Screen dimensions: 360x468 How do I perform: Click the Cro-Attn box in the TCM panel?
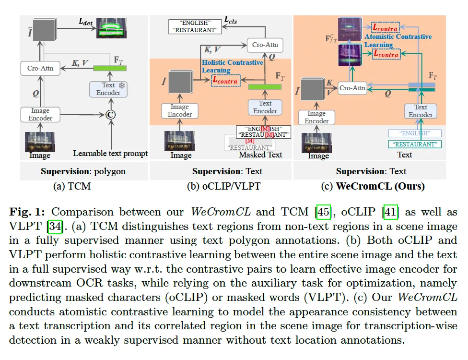tap(40, 68)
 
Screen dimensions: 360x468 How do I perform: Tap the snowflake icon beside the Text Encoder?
tap(121, 85)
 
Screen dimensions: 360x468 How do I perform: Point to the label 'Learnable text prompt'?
tap(110, 154)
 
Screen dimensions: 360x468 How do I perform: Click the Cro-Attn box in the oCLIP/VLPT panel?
tap(265, 46)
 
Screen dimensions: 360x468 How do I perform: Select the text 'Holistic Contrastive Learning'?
tap(233, 66)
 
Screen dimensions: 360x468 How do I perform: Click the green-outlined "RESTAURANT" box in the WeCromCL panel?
tap(415, 144)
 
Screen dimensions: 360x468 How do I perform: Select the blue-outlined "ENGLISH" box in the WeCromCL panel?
tap(415, 133)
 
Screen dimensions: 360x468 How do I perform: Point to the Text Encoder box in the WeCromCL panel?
tap(421, 111)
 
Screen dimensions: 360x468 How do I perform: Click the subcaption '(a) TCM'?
tap(71, 186)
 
